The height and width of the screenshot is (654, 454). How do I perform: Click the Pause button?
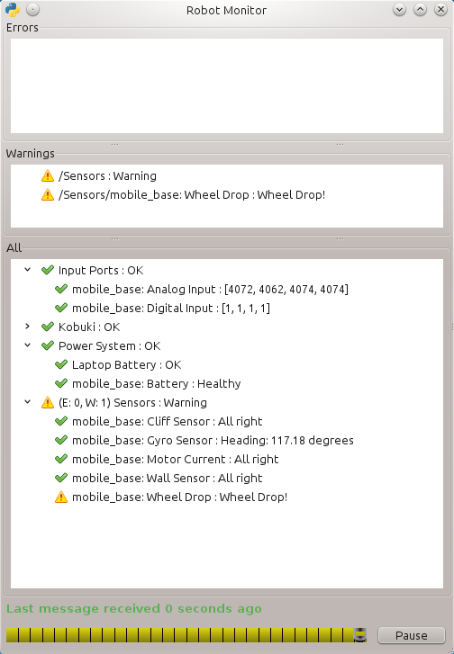pyautogui.click(x=412, y=635)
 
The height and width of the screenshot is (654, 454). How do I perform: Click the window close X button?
pyautogui.click(x=440, y=10)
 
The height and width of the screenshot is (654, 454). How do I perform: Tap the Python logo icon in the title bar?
pyautogui.click(x=13, y=10)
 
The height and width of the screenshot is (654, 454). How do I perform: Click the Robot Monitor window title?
pyautogui.click(x=226, y=10)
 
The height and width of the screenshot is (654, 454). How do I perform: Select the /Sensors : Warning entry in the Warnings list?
pyautogui.click(x=107, y=176)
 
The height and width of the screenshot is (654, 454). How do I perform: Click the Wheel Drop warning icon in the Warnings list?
pyautogui.click(x=48, y=195)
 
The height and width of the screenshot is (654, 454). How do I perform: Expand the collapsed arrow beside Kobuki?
pyautogui.click(x=28, y=327)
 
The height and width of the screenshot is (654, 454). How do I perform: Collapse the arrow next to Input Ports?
pyautogui.click(x=28, y=270)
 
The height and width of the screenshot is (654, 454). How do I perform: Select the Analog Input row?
pyautogui.click(x=210, y=289)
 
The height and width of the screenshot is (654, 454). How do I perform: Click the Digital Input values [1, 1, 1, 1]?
pyautogui.click(x=246, y=309)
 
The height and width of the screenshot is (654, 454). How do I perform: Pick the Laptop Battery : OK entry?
pyautogui.click(x=126, y=365)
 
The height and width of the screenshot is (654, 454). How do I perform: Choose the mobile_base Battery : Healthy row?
pyautogui.click(x=156, y=384)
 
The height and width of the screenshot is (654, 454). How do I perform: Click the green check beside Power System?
pyautogui.click(x=48, y=345)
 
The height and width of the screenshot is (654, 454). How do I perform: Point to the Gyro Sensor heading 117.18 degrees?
pyautogui.click(x=287, y=441)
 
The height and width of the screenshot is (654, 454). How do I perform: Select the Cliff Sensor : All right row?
pyautogui.click(x=167, y=421)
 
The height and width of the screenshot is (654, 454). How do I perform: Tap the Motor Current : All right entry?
pyautogui.click(x=175, y=459)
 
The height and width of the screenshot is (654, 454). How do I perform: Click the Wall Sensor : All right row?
pyautogui.click(x=167, y=478)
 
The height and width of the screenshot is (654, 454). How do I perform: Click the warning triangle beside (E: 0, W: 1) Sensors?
pyautogui.click(x=48, y=402)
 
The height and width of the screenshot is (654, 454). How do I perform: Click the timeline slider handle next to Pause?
pyautogui.click(x=360, y=635)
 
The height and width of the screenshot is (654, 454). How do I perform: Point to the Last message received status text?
pyautogui.click(x=134, y=609)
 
